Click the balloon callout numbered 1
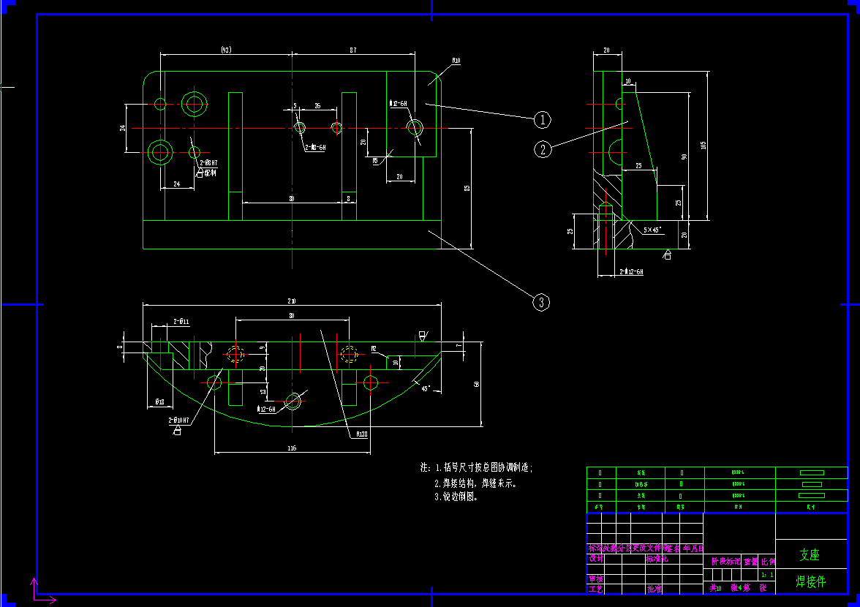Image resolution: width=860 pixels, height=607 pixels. tap(541, 118)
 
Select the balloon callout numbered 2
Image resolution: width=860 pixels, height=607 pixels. tap(542, 150)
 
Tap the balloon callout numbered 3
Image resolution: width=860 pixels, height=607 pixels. tap(541, 302)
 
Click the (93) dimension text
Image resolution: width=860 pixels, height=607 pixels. tap(226, 50)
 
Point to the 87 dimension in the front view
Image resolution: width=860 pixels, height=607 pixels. tap(353, 50)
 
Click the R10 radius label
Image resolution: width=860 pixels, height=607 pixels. tap(456, 61)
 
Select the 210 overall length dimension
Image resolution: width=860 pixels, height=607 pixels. tap(291, 301)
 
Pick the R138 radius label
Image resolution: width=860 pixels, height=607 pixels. tap(361, 434)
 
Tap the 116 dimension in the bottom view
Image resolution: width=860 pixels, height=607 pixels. tap(291, 448)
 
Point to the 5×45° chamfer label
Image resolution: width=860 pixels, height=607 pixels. tap(652, 230)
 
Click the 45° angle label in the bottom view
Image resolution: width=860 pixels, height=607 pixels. tap(426, 389)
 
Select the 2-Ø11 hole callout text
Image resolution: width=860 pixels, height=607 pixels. tap(181, 322)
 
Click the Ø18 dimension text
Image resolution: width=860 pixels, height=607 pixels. tap(159, 402)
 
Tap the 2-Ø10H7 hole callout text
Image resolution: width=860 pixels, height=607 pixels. tap(179, 421)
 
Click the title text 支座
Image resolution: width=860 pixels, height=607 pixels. tap(810, 555)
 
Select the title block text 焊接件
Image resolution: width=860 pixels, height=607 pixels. tap(810, 581)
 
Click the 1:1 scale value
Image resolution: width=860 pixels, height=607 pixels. tap(765, 575)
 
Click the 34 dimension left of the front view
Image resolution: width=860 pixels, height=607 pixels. tap(123, 128)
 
